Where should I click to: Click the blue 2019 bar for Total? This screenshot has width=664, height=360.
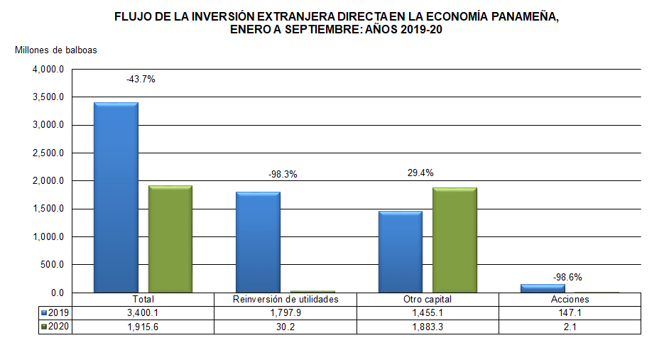(116, 197)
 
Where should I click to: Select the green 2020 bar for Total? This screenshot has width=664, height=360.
(170, 239)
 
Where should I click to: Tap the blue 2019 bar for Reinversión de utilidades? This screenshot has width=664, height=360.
(258, 242)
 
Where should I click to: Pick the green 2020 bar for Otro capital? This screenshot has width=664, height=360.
(455, 240)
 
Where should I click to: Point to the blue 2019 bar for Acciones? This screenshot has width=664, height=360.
(543, 288)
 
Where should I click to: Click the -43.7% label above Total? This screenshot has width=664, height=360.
(141, 80)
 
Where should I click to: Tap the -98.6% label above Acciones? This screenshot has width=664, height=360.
(568, 277)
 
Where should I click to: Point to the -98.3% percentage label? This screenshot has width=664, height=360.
(283, 174)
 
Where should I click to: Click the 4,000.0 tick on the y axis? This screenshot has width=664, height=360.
(48, 70)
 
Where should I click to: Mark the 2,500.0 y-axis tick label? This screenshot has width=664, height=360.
(48, 153)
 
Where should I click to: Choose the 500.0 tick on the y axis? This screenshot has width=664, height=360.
(53, 265)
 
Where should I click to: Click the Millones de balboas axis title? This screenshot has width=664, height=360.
(56, 50)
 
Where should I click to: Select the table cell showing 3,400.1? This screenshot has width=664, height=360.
(143, 312)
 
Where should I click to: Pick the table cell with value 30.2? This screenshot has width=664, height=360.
(285, 326)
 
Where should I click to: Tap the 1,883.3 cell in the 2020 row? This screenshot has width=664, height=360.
(428, 326)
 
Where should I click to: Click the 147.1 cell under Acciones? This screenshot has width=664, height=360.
(570, 312)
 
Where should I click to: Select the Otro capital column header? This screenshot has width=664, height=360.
(428, 299)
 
